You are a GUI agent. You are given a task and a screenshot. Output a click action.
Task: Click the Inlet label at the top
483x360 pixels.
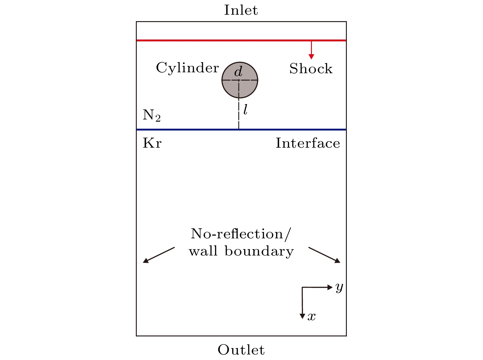coord(241,10)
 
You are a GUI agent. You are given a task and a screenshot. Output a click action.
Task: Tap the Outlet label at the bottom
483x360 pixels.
coord(241,350)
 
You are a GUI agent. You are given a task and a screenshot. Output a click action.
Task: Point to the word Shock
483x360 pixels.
coord(311,69)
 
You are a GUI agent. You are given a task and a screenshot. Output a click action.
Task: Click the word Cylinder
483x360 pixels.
coord(187,68)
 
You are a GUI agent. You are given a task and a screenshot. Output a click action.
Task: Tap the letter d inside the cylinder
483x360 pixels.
coord(238,72)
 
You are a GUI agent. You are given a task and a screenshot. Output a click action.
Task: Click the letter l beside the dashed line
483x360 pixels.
coord(245,110)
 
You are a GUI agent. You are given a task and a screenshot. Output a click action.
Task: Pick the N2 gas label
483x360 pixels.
coord(152,116)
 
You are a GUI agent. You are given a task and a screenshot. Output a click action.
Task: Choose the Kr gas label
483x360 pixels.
coord(152,143)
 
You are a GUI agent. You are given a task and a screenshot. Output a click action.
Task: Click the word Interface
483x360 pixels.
coord(308,143)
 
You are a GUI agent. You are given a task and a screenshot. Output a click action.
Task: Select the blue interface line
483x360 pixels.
coord(190,130)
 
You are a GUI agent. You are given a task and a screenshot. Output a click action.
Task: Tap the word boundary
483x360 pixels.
coord(259,252)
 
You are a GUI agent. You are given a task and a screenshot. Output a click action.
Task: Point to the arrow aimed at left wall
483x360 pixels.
coord(159,255)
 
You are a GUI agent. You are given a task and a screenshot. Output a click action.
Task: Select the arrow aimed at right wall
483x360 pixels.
coord(324,255)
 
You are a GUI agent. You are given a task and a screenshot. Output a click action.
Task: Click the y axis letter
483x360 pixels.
coord(339,287)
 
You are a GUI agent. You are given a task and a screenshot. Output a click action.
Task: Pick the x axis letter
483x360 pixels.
coord(312,316)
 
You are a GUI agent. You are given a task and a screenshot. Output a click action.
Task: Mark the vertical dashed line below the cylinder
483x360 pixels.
coord(239,113)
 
